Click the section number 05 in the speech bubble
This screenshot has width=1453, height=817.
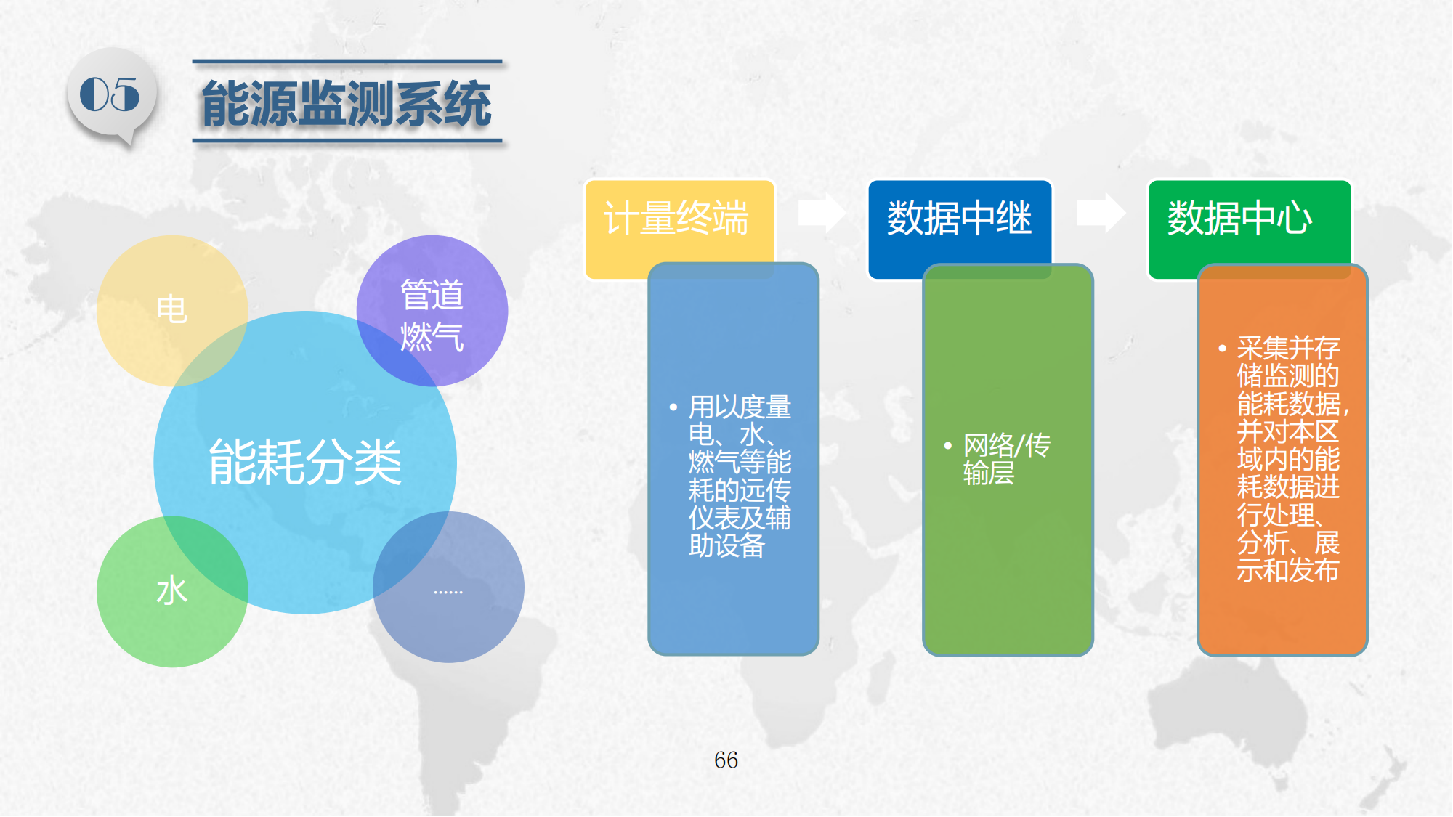[110, 94]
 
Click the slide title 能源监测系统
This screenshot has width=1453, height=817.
[347, 104]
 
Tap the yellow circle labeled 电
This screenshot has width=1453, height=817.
[172, 310]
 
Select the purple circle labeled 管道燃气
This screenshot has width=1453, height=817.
[432, 310]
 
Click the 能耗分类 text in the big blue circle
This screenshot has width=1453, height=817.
[305, 462]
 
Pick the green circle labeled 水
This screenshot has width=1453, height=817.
[172, 591]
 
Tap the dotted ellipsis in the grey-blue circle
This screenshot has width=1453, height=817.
[448, 593]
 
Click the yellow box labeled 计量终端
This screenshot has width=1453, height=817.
[679, 229]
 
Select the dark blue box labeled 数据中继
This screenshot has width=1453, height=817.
[960, 229]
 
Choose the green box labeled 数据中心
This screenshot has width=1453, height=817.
[1249, 229]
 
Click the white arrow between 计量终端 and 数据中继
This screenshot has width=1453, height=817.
[822, 213]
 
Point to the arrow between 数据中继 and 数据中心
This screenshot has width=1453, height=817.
[1101, 213]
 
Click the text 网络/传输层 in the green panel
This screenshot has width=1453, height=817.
[1007, 459]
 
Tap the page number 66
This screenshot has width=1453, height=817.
[726, 760]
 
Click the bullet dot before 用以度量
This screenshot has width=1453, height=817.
[673, 407]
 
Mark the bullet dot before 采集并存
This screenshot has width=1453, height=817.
[1223, 349]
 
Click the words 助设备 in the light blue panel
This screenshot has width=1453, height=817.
[727, 545]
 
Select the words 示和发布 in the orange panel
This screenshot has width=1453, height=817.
[1288, 571]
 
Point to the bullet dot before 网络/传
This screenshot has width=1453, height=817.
[948, 446]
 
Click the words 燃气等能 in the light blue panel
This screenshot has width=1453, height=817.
[740, 462]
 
